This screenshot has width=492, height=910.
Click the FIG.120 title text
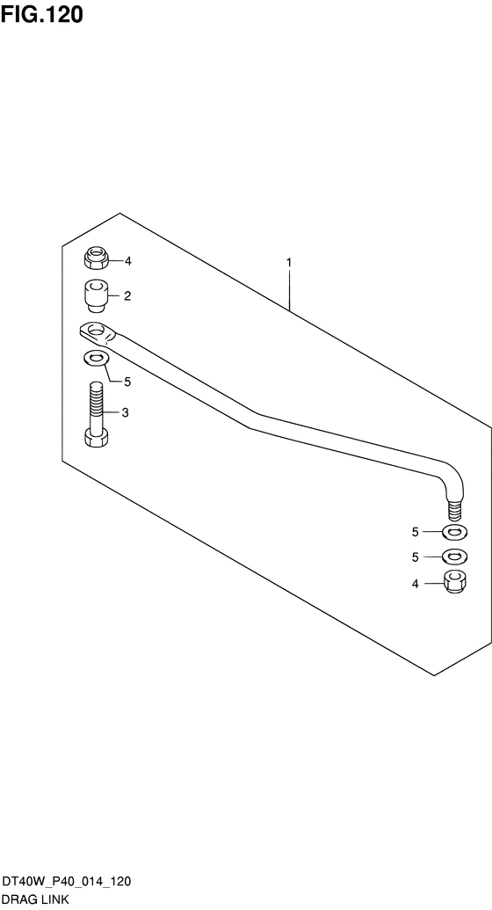[x=42, y=15]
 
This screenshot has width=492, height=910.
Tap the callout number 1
[x=289, y=263]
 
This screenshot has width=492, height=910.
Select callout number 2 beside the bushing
[x=127, y=296]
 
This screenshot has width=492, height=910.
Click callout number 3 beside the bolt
[x=125, y=413]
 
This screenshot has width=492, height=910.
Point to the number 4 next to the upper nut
[x=127, y=261]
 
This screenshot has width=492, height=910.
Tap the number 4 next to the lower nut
[x=415, y=584]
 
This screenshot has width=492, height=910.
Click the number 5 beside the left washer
[x=127, y=382]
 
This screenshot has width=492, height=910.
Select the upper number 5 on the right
[x=415, y=532]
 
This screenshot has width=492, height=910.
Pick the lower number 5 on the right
[x=415, y=557]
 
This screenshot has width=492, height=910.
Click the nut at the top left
[x=97, y=258]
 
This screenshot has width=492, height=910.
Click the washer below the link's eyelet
[x=97, y=359]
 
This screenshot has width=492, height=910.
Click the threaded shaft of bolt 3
[x=97, y=404]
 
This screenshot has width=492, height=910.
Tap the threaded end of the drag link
[x=455, y=509]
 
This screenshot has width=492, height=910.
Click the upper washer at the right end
[x=455, y=531]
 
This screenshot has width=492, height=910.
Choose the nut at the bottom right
[x=455, y=582]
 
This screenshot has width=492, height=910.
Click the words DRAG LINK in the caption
[x=36, y=900]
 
